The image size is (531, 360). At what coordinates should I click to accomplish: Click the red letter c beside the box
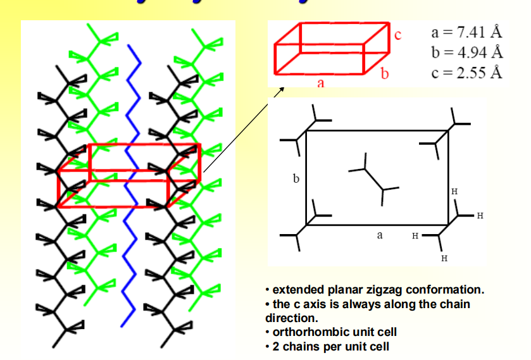(398, 34)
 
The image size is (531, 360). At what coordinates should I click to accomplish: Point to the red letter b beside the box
(384, 75)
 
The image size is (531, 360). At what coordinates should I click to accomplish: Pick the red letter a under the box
(321, 82)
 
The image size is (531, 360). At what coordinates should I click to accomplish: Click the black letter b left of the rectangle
(296, 179)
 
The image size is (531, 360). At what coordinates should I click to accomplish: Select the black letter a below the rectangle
(380, 235)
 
